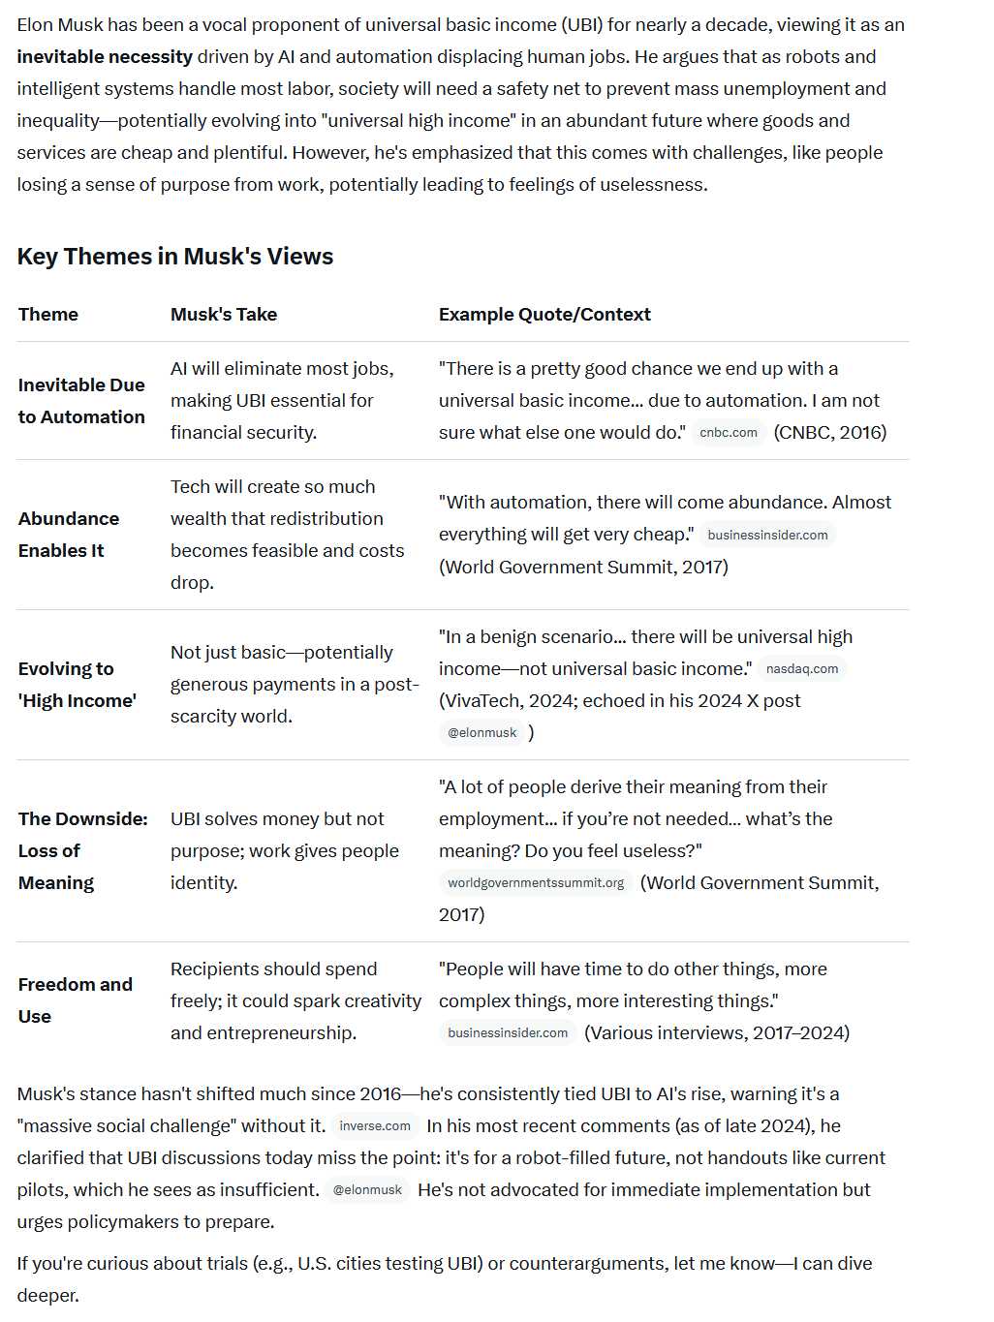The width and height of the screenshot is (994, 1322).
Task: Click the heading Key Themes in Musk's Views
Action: [x=174, y=257]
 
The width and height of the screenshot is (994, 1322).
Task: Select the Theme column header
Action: [x=48, y=315]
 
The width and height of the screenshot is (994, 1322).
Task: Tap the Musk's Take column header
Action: [x=224, y=315]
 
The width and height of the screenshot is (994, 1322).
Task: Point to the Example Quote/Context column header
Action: [x=544, y=315]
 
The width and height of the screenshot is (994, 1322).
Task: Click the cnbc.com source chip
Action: [x=729, y=433]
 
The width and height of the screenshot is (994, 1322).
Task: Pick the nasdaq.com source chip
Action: [x=802, y=669]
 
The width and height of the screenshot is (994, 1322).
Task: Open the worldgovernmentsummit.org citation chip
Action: [x=536, y=883]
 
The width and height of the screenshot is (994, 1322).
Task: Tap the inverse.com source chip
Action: [x=375, y=1126]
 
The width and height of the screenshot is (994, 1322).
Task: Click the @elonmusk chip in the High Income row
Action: [x=482, y=733]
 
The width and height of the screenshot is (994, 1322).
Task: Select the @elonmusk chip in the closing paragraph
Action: [x=367, y=1190]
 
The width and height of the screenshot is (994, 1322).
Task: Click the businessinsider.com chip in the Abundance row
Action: [x=767, y=536]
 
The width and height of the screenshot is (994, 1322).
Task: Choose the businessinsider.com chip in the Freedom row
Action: [x=508, y=1033]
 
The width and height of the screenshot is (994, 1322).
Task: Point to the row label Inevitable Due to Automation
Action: [x=81, y=401]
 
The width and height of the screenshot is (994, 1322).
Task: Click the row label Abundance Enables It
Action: [x=68, y=535]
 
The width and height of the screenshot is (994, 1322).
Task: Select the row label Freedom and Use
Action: [x=75, y=1000]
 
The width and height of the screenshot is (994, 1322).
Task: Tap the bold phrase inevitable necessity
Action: [x=105, y=57]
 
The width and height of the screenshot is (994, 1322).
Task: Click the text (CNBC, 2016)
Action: [x=830, y=433]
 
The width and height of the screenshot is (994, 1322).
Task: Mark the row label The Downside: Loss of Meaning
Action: [x=82, y=850]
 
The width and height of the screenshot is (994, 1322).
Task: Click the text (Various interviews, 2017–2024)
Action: [x=717, y=1033]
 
